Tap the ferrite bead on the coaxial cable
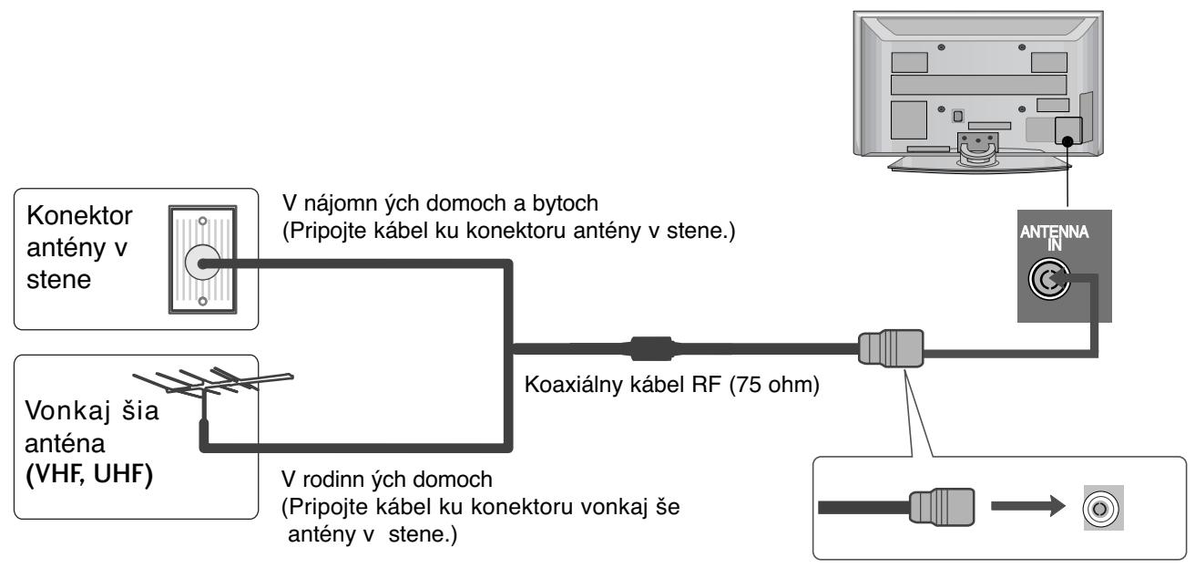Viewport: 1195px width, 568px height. [649, 347]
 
